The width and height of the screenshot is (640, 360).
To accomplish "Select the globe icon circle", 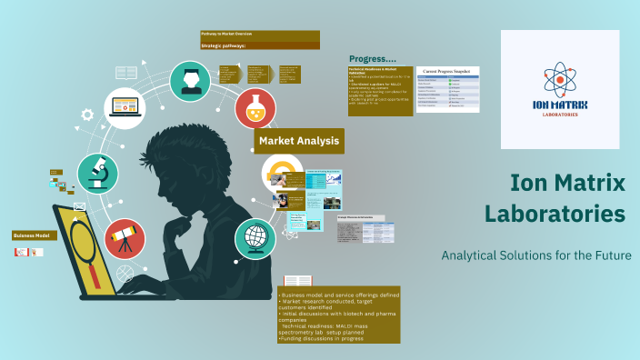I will [255, 238].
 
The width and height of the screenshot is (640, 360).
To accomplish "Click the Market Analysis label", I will [298, 141].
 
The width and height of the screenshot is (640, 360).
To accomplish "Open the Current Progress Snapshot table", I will [447, 89].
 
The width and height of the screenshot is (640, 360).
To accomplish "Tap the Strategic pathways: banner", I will [259, 45].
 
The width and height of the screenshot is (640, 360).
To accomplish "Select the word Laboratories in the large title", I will [555, 215].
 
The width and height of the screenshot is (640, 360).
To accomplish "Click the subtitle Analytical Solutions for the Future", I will [535, 255].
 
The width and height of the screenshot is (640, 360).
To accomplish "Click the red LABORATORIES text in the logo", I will [560, 115].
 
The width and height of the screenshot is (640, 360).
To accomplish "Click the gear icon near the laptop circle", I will [88, 115].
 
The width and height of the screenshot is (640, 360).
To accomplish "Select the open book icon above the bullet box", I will [297, 282].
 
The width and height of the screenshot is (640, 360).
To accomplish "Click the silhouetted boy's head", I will [195, 164].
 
